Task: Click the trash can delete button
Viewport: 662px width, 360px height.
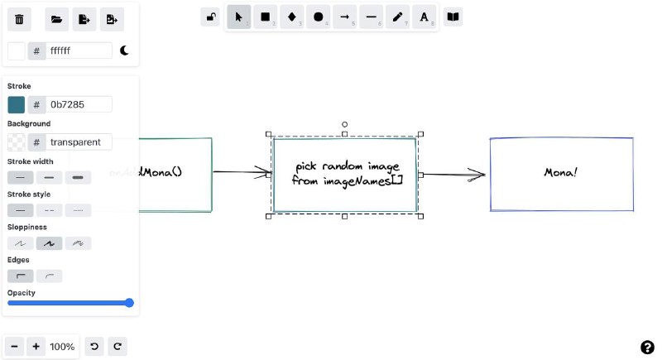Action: (20, 19)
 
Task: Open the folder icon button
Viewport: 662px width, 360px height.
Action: (56, 19)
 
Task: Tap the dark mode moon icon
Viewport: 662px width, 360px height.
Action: (124, 50)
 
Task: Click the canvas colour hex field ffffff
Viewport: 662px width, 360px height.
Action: (79, 50)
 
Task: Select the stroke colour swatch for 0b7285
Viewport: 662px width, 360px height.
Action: (17, 104)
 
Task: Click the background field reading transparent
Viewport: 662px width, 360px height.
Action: (79, 142)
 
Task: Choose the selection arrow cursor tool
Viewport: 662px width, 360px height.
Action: (239, 17)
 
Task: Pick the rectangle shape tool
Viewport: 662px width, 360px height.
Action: (266, 17)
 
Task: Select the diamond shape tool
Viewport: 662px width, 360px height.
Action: (292, 17)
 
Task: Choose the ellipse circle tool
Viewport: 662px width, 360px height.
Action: (319, 17)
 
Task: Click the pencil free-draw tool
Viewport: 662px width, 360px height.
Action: (398, 17)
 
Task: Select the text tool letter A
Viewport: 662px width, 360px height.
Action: (424, 17)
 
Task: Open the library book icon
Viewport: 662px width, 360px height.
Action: (453, 17)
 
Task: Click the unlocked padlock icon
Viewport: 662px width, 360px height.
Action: (211, 17)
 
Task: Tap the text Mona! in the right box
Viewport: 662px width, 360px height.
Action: (561, 172)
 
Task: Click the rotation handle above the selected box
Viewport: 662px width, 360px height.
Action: (344, 124)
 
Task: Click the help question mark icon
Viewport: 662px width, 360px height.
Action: (647, 347)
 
